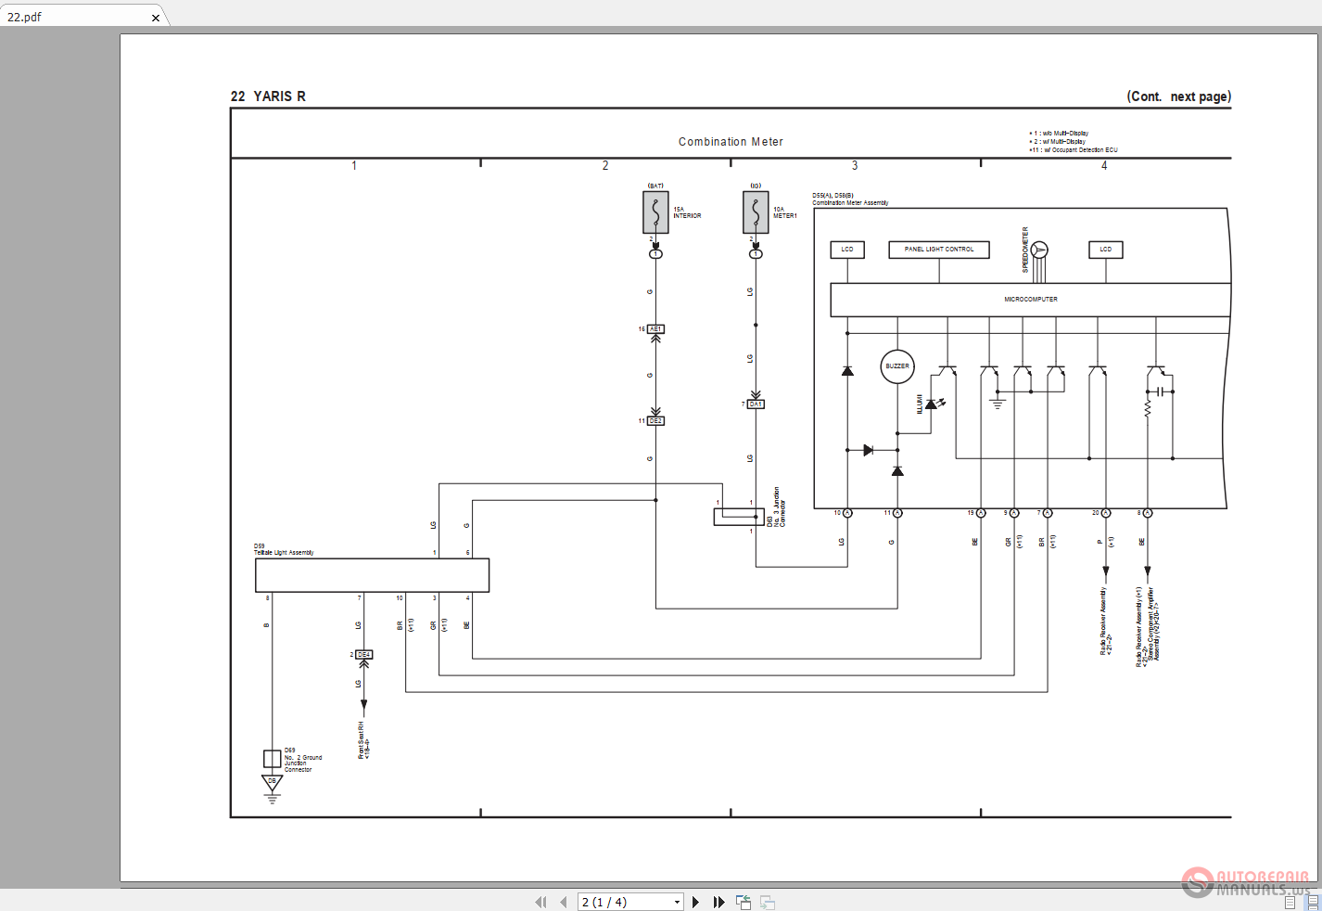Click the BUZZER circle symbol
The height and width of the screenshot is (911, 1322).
[897, 366]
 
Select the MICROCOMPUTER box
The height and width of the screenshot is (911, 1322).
[1030, 300]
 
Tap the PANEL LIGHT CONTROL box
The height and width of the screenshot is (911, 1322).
[939, 250]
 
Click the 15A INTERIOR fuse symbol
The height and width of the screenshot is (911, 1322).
[655, 212]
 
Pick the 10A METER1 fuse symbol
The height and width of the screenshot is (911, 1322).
[756, 212]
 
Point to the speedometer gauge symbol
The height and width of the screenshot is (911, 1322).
[1039, 250]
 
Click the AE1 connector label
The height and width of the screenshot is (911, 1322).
[655, 329]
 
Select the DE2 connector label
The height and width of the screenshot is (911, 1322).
[655, 421]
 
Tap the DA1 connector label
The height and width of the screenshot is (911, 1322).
[756, 404]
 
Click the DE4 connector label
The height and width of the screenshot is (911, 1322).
[364, 655]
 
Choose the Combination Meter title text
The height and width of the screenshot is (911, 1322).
[731, 142]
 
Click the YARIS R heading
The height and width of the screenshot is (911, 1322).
[268, 96]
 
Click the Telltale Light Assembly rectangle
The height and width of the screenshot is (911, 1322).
[372, 575]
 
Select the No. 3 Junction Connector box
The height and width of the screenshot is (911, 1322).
[739, 518]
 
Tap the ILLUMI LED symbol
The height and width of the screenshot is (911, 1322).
[933, 404]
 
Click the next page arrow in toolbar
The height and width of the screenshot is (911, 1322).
[696, 902]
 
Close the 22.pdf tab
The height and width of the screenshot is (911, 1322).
[156, 18]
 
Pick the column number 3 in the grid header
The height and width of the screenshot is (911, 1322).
[855, 166]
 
